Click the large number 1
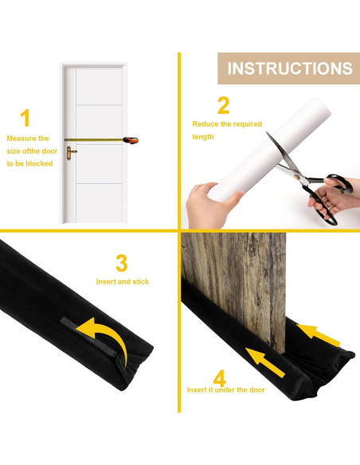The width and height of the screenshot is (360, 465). [25, 119]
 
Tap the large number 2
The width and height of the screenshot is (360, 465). [224, 105]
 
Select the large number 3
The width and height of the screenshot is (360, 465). [122, 263]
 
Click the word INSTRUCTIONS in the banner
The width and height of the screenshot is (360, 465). [289, 68]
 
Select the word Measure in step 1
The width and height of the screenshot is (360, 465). [21, 139]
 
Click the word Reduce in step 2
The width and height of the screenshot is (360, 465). [205, 124]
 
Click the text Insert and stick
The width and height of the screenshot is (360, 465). [122, 282]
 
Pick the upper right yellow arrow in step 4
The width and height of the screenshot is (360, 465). [320, 333]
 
